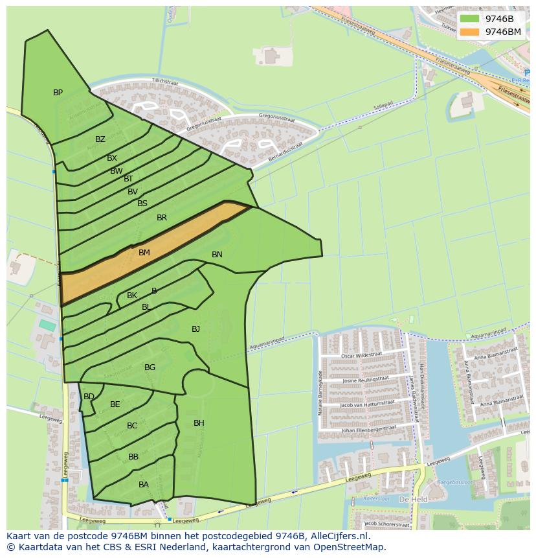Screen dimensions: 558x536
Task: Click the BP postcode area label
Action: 58,93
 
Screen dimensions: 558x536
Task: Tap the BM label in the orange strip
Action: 144,253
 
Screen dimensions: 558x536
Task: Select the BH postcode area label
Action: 199,423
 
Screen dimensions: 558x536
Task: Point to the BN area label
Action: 217,255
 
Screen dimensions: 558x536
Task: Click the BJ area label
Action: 195,329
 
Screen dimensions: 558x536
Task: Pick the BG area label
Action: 150,367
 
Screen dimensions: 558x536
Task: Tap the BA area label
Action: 144,485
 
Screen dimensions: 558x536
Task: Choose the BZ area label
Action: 100,139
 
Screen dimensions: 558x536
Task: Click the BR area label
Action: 162,218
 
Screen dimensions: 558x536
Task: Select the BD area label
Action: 89,397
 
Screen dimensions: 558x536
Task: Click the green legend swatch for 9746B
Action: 471,19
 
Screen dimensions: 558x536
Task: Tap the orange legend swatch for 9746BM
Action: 471,32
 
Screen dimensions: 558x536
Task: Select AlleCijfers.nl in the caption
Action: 338,536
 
